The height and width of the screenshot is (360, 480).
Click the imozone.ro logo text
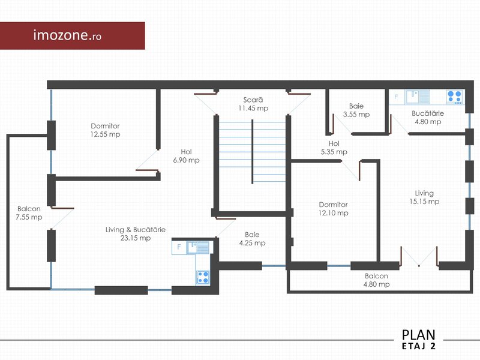point(67,35)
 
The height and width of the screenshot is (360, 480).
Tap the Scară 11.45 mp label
point(253,104)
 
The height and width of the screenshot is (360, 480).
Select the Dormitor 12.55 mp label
point(106,130)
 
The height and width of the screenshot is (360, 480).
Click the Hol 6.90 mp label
point(186,156)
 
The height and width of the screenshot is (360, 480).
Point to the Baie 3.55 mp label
point(356,110)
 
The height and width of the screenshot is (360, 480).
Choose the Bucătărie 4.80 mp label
point(428,118)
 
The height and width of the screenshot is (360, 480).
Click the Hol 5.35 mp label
point(334,148)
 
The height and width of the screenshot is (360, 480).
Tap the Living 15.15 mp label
point(424,197)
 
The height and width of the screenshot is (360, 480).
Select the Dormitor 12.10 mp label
point(334,208)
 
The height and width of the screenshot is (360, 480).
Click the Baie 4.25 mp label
point(252,239)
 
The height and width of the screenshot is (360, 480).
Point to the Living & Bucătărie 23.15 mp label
point(136,233)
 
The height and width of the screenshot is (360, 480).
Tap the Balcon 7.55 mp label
point(29,213)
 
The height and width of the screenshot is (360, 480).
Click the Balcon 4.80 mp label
point(376,280)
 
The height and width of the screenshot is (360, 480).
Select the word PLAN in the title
point(418,335)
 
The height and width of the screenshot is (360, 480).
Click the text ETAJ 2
point(418,346)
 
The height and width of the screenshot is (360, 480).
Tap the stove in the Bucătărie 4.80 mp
point(454,97)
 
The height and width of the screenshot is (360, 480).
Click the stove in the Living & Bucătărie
point(203,277)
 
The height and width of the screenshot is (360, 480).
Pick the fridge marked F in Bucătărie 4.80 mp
point(397,97)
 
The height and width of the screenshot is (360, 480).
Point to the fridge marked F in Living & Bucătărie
point(179,247)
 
